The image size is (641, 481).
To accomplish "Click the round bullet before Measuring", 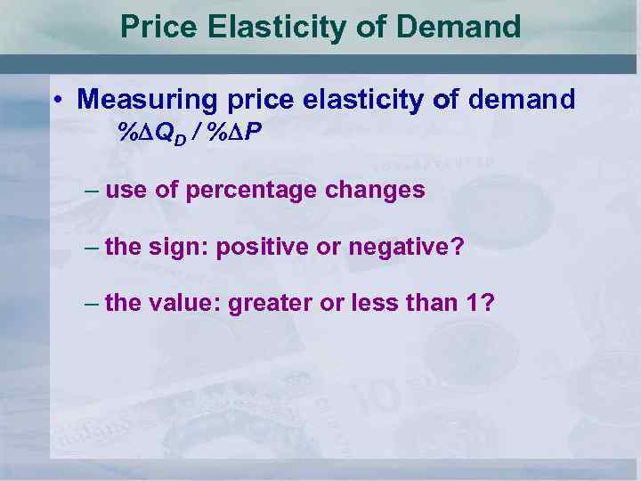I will click(x=56, y=100).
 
